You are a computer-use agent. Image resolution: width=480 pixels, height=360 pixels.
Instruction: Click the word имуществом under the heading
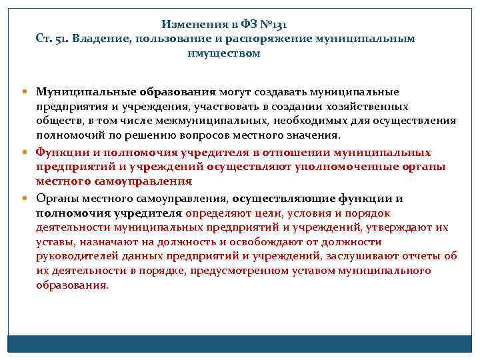pos(224,53)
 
